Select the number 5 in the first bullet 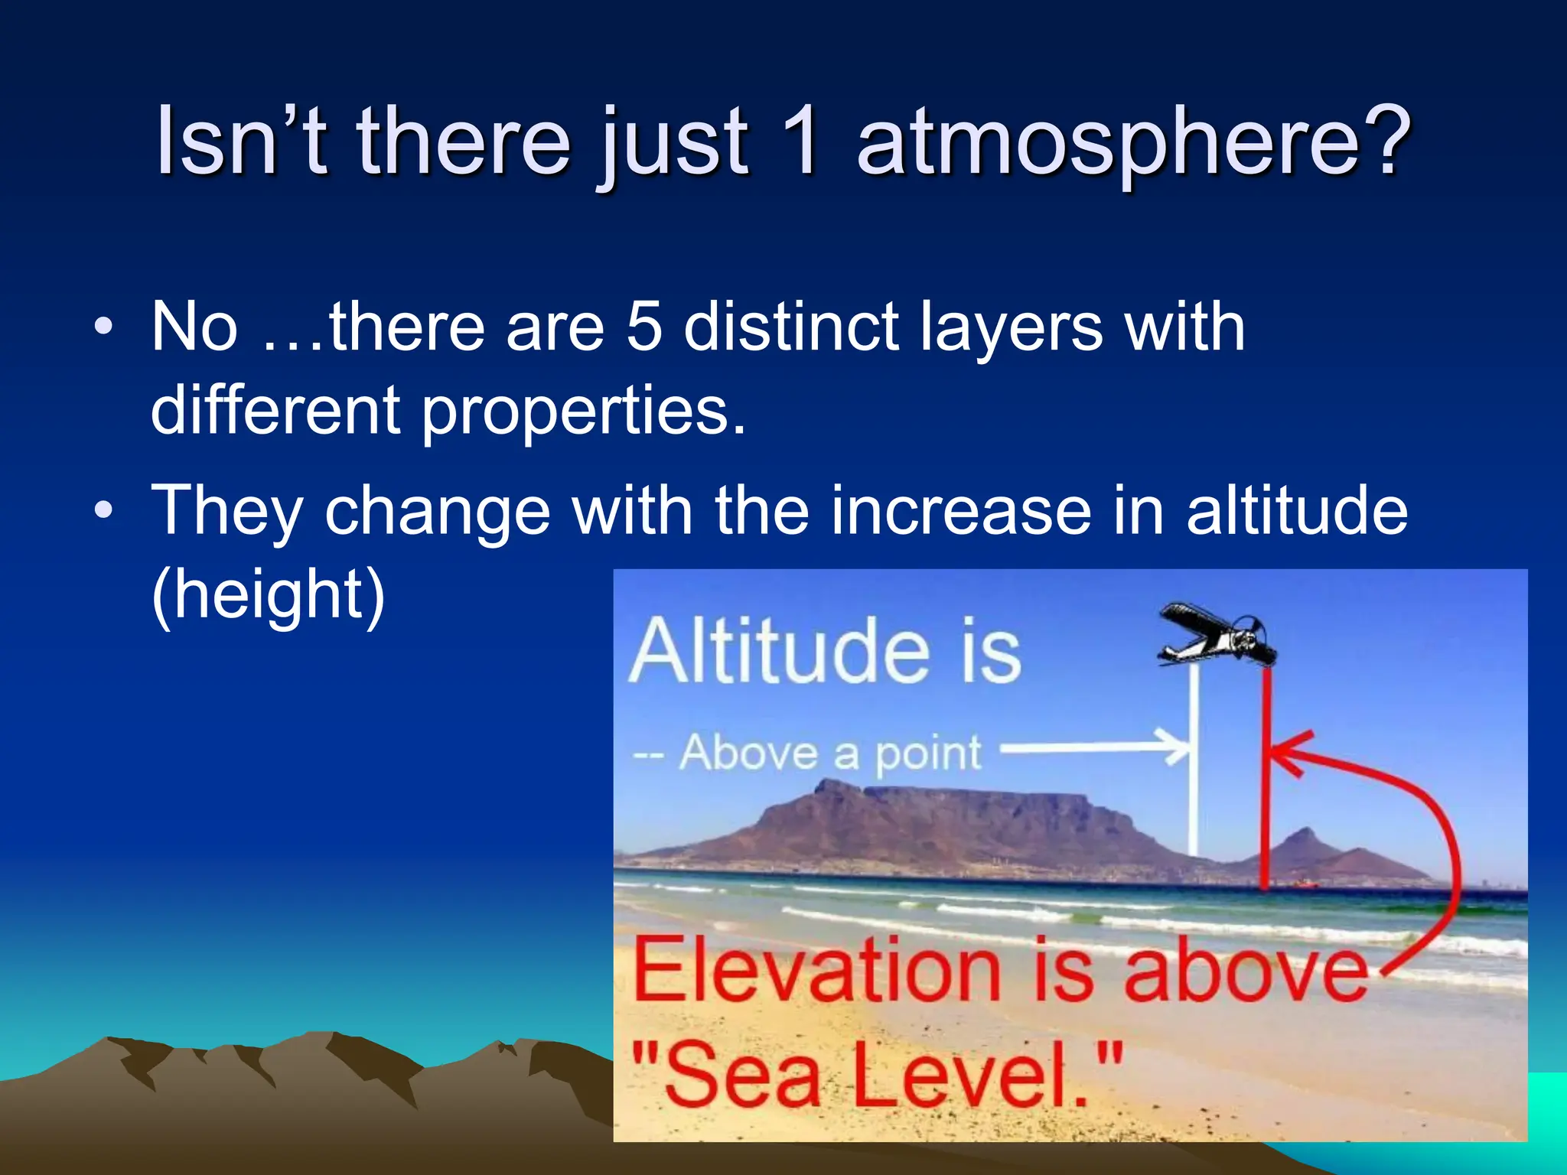[643, 327]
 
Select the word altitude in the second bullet [1297, 511]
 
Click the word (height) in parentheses [268, 595]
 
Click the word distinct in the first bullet [791, 327]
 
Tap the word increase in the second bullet [961, 511]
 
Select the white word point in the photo [927, 755]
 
